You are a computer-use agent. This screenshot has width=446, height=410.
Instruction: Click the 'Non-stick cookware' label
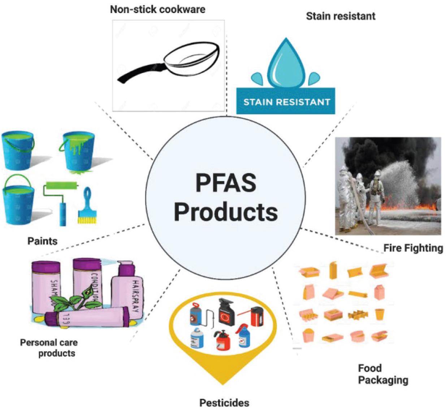tap(157, 9)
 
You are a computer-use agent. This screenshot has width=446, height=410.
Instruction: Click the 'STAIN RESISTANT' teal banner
tap(286, 101)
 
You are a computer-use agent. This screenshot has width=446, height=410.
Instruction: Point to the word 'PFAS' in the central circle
tap(226, 183)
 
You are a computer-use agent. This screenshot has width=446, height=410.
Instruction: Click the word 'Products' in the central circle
tap(226, 212)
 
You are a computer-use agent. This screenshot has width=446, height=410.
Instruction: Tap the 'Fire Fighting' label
tap(413, 248)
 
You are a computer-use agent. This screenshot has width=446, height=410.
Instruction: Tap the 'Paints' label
tap(42, 241)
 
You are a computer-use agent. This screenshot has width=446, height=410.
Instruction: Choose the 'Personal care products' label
tap(49, 347)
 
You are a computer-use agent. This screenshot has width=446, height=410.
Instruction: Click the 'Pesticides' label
tap(224, 402)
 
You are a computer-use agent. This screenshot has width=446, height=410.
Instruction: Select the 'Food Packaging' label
tap(383, 374)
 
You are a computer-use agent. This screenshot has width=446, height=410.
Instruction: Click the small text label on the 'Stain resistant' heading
tap(341, 16)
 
